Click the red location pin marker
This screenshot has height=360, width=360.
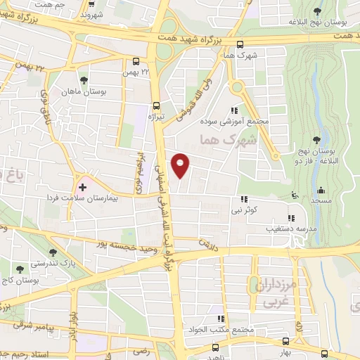181,165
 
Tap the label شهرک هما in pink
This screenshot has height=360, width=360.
229,140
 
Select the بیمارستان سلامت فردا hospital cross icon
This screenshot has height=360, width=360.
83,187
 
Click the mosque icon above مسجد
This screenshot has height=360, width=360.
321,190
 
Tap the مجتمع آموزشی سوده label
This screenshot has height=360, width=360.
245,122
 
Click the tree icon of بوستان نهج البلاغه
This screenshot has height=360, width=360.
318,11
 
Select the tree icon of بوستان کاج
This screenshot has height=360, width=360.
19,268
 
